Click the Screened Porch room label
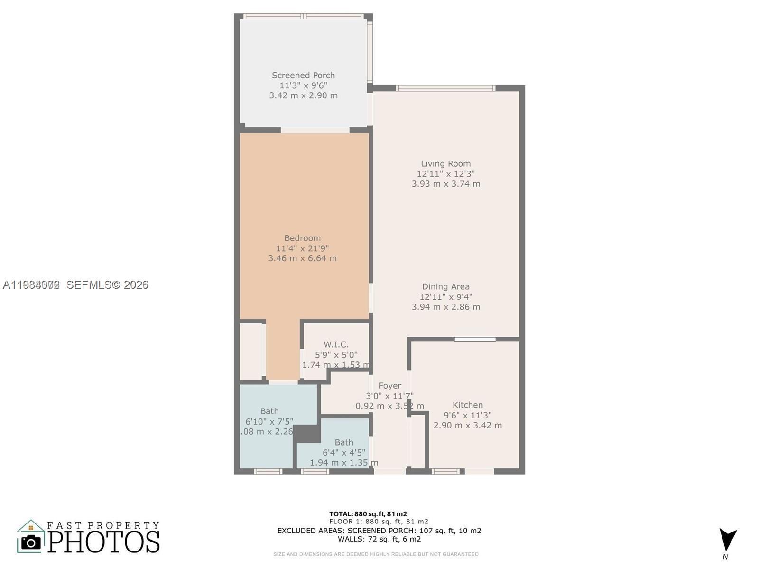[x=303, y=75]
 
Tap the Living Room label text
[x=445, y=163]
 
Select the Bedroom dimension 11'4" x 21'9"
[x=302, y=248]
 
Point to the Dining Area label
[x=445, y=286]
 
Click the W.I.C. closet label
[x=336, y=344]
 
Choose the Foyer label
[x=389, y=386]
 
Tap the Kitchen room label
[x=467, y=405]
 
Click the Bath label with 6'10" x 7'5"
[x=269, y=411]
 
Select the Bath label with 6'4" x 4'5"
[x=343, y=442]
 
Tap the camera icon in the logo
[x=31, y=542]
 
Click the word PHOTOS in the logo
[x=103, y=542]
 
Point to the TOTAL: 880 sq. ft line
[x=368, y=514]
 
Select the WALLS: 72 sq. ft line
[x=379, y=539]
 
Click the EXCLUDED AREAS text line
[x=379, y=531]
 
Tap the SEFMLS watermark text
[x=107, y=285]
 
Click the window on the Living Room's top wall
[x=445, y=88]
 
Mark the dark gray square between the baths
[x=307, y=434]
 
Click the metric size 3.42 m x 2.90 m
[x=303, y=95]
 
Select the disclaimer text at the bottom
[x=376, y=554]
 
